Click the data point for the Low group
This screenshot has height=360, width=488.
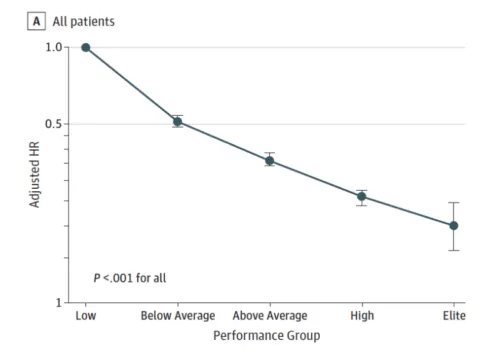coord(86,47)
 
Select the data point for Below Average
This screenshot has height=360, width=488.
coord(178,122)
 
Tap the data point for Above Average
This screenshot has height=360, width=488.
coord(269,160)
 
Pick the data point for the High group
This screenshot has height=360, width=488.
coord(362,197)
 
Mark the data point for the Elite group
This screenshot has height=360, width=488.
coord(453,226)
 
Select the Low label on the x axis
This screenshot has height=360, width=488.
coord(86,316)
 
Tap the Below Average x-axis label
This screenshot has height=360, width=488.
coord(178,316)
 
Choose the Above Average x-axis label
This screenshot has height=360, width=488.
coord(269,316)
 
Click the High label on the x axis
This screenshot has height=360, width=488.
coord(362,316)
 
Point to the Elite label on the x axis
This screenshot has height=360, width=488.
coord(453,316)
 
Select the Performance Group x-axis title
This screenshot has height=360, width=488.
coord(267,335)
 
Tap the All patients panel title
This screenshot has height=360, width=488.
coord(84,20)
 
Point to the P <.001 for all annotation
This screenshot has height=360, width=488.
coord(130,277)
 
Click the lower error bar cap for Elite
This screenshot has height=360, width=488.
coord(453,250)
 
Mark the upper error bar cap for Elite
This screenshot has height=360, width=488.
coord(453,203)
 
